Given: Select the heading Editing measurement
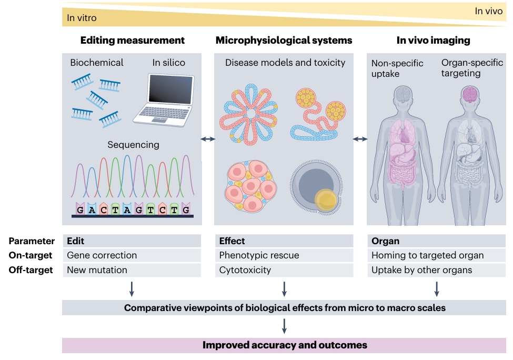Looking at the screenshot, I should (x=132, y=40).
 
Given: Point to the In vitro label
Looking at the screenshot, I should (x=82, y=18).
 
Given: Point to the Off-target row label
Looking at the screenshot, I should (x=31, y=270).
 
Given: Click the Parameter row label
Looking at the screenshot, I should (x=32, y=241).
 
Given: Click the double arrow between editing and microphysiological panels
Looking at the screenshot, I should (x=208, y=139).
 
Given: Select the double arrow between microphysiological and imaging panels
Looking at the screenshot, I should (x=360, y=139).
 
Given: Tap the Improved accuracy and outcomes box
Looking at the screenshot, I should (x=284, y=345).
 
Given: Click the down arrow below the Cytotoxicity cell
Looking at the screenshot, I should (x=284, y=288).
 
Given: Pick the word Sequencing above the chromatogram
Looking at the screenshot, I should (x=133, y=144).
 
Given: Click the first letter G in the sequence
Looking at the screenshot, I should (x=80, y=209).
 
